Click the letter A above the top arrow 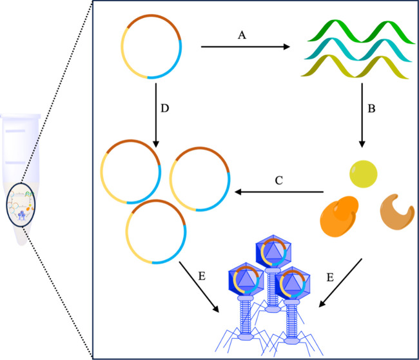[243, 35]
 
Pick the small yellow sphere [364, 173]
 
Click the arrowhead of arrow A [286, 46]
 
